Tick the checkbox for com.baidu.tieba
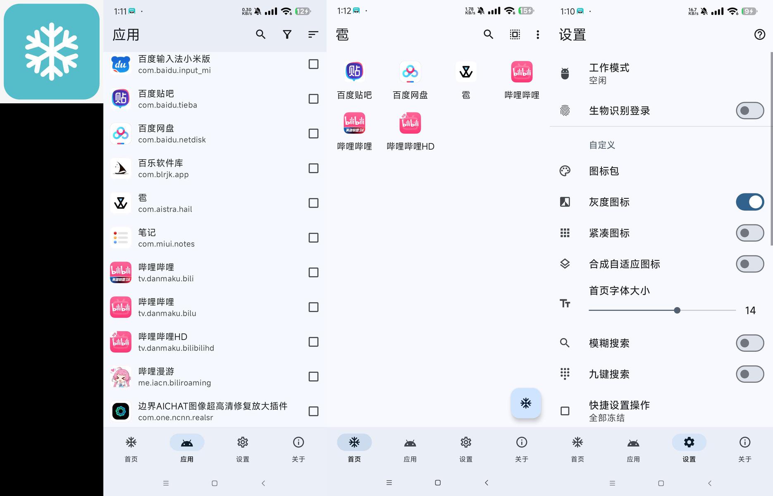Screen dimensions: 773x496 click(x=313, y=99)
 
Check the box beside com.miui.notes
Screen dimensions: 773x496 click(x=313, y=238)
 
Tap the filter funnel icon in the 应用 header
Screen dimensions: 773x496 click(x=287, y=34)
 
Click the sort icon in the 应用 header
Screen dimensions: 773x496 click(x=313, y=34)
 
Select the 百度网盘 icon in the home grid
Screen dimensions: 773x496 click(x=410, y=72)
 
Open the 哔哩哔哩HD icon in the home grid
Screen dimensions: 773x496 click(x=410, y=123)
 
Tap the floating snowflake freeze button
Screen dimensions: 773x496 click(x=526, y=403)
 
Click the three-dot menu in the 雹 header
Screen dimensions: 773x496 click(x=537, y=34)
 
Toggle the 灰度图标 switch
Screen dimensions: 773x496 click(x=750, y=202)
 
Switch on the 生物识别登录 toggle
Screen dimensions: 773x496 click(x=750, y=111)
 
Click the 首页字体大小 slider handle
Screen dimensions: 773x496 click(x=677, y=310)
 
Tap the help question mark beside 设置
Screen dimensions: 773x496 click(x=760, y=34)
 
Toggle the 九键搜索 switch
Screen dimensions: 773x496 click(x=750, y=374)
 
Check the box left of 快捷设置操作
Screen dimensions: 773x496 click(x=565, y=411)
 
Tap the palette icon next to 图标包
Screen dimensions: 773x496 click(x=565, y=171)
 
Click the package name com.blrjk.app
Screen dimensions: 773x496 click(x=163, y=174)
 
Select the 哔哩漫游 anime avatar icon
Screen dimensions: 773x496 click(x=121, y=377)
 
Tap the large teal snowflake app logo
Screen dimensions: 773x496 click(x=52, y=52)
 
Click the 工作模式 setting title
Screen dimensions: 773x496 click(x=609, y=68)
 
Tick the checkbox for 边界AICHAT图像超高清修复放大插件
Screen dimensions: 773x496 click(x=313, y=411)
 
